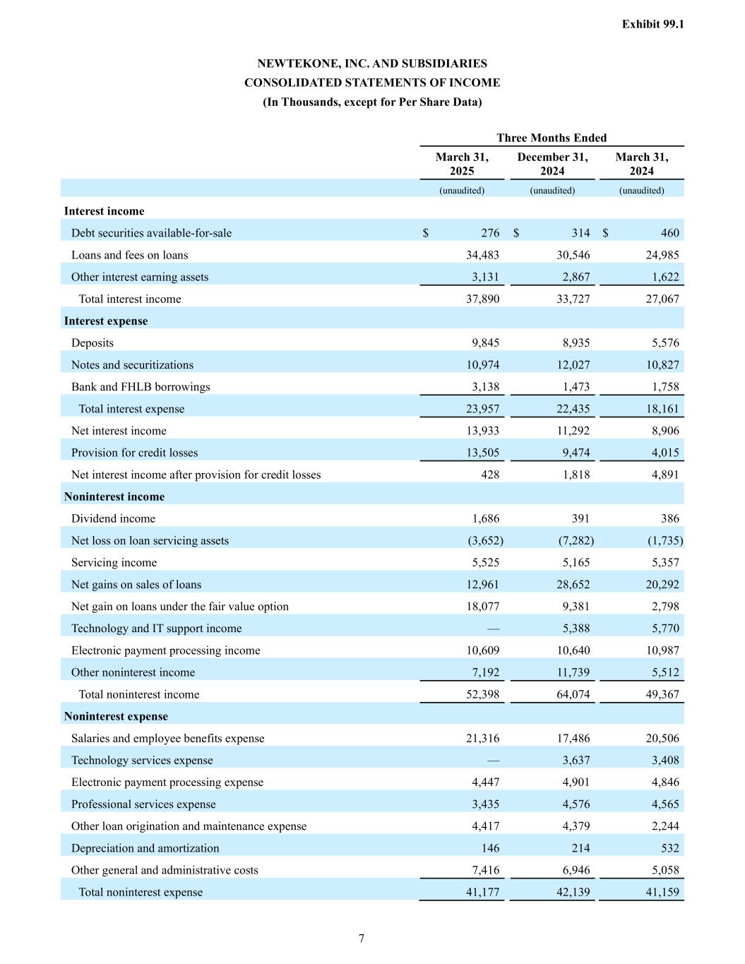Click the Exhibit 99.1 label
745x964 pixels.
click(x=652, y=24)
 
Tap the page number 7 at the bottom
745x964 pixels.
click(x=362, y=938)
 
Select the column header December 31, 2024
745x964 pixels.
click(x=552, y=164)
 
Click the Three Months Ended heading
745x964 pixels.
click(x=552, y=138)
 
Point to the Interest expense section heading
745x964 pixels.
click(x=106, y=321)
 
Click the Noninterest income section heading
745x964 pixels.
click(x=114, y=496)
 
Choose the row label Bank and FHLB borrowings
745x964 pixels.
click(x=141, y=386)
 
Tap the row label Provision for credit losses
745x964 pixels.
click(x=134, y=453)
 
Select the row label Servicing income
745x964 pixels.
click(x=114, y=562)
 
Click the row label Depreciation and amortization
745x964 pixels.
click(x=145, y=848)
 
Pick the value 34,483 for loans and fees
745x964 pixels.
click(x=480, y=255)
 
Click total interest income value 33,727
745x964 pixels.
click(x=572, y=299)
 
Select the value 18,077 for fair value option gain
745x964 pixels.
click(x=480, y=606)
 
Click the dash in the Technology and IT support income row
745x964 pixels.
click(x=493, y=629)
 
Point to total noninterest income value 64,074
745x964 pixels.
click(x=572, y=694)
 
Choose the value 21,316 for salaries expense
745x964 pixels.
click(x=480, y=738)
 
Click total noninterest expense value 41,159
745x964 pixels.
click(x=662, y=892)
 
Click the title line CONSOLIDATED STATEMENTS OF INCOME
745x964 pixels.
click(x=372, y=83)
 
